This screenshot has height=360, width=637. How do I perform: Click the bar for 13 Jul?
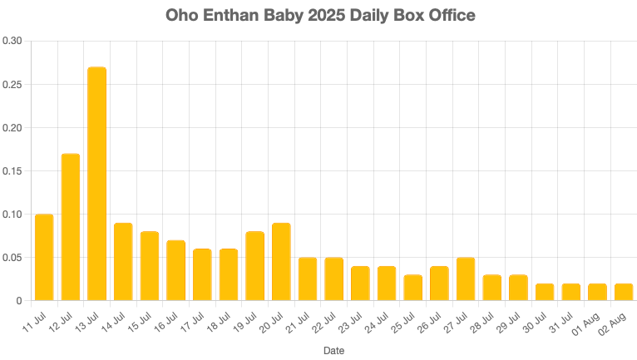[x=96, y=184]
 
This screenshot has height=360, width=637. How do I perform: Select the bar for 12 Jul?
[x=70, y=227]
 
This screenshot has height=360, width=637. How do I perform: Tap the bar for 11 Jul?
[x=44, y=258]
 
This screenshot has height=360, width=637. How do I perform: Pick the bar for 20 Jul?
[x=281, y=262]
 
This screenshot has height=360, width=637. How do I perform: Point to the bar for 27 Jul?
[x=466, y=279]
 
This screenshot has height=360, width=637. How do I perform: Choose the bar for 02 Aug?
[x=624, y=292]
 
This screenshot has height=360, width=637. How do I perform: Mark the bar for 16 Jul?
[x=175, y=270]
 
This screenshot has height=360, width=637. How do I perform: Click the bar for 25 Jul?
[x=413, y=288]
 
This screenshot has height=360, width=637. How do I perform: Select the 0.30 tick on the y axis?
[x=12, y=42]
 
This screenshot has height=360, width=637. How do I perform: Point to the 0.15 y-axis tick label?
[x=12, y=171]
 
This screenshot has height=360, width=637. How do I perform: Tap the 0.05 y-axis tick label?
[x=12, y=258]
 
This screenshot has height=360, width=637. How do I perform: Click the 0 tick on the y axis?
[x=19, y=301]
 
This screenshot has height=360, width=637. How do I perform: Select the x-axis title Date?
[x=333, y=351]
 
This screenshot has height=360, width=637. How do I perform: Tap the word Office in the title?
[x=451, y=16]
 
